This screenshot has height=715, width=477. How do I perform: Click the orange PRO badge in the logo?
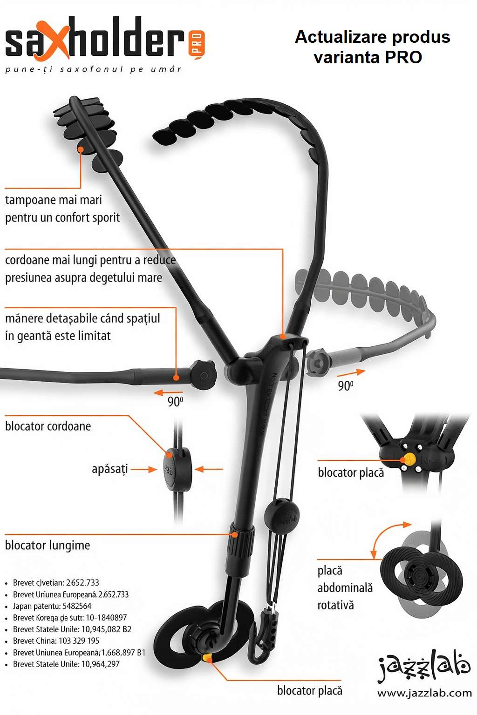pos(197,44)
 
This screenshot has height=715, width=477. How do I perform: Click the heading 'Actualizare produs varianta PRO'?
pos(372,47)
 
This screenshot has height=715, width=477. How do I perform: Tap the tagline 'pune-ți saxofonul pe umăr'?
pos(93,69)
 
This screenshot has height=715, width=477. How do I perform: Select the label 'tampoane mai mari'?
pos(54,200)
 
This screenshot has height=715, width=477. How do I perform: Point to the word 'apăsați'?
pos(109,469)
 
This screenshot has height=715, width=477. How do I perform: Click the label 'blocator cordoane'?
pos(48,426)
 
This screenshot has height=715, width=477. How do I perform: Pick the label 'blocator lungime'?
pos(48,545)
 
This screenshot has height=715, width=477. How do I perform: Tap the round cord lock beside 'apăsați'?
pos(177,469)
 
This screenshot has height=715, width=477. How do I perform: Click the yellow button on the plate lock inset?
pos(409,459)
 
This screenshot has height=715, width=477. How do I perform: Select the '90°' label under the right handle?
pos(346,386)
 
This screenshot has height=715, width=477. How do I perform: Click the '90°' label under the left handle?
pos(175,401)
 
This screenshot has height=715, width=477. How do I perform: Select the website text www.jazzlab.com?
pos(424,693)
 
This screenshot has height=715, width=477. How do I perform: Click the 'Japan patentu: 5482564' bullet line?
pos(52,606)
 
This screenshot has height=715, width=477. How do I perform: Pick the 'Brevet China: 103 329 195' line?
pos(56,641)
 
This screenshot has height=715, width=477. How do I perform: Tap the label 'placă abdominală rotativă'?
pos(345,587)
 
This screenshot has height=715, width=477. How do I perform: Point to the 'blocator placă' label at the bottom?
pos(309,690)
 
